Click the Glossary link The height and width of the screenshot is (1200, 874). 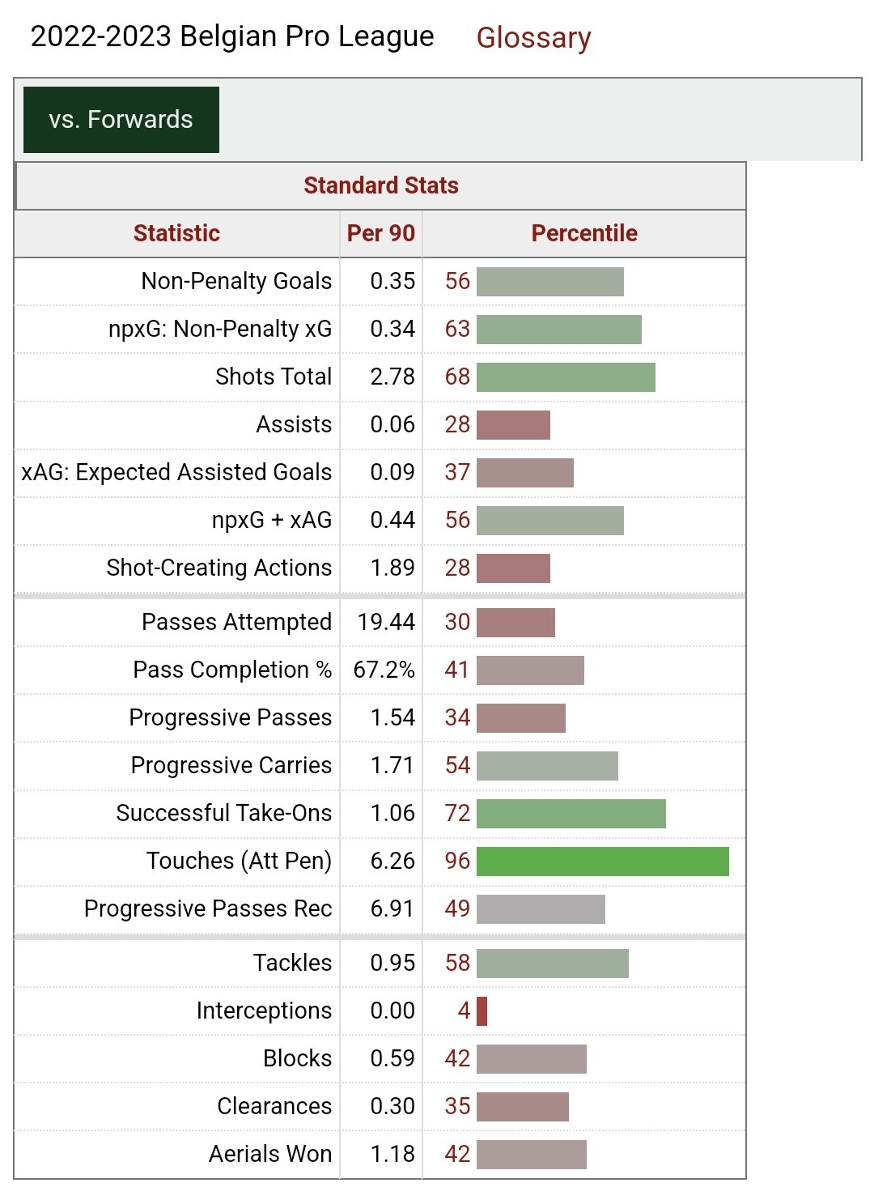(533, 37)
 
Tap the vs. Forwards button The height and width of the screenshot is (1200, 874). (121, 120)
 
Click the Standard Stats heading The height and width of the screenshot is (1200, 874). (380, 185)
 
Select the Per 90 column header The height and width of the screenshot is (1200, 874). (380, 233)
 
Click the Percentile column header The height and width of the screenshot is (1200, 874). (583, 233)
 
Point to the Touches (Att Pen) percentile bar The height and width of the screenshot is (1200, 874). (602, 861)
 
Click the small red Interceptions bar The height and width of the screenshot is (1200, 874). (482, 1011)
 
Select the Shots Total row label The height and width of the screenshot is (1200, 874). (274, 377)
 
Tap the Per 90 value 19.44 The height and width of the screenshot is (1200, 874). (386, 622)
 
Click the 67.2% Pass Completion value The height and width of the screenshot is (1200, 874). (384, 670)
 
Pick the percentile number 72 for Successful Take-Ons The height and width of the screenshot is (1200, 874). (457, 813)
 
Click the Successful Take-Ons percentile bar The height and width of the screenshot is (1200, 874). (571, 813)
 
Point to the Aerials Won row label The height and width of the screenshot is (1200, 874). (270, 1154)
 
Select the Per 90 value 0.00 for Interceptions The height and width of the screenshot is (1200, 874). (392, 1011)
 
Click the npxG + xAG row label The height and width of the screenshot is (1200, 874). (272, 520)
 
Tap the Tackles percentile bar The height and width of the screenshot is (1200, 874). (552, 963)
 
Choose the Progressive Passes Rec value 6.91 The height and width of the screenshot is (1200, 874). (392, 909)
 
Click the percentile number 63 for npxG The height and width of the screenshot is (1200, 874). (457, 329)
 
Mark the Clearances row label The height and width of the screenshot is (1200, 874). (274, 1106)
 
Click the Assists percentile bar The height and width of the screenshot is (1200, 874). (513, 424)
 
